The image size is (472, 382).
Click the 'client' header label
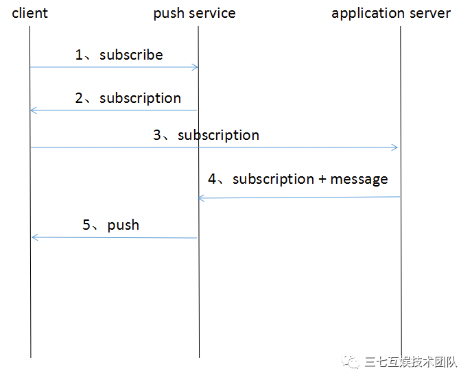click(x=29, y=13)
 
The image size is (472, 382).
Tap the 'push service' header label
click(x=194, y=14)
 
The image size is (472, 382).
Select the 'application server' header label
click(x=391, y=14)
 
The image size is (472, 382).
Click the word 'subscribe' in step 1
click(x=131, y=55)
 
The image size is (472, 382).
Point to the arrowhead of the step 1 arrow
click(x=196, y=67)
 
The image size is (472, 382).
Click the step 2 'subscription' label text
click(x=140, y=99)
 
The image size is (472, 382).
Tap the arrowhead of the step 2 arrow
click(x=34, y=110)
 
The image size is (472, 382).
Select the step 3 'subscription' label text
click(x=219, y=136)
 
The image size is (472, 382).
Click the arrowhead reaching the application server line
click(x=394, y=147)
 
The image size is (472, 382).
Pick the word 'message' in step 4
click(x=359, y=180)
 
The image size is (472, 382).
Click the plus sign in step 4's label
click(x=322, y=180)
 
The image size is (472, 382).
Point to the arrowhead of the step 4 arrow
click(x=201, y=198)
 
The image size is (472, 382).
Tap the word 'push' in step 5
click(x=123, y=226)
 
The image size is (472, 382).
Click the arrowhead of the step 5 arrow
click(x=35, y=237)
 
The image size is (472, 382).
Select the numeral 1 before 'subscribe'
click(x=79, y=55)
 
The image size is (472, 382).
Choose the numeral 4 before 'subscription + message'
click(x=212, y=179)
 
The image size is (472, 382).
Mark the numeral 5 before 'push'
click(x=86, y=224)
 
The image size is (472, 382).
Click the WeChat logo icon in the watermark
click(x=351, y=361)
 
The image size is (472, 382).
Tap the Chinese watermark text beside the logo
click(x=411, y=362)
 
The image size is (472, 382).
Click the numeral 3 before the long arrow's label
click(x=157, y=134)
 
